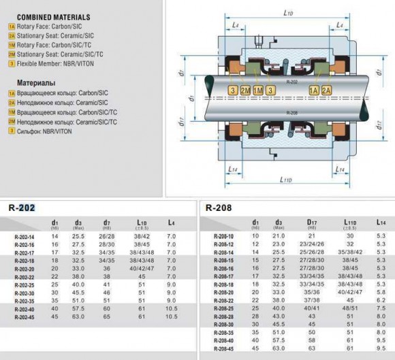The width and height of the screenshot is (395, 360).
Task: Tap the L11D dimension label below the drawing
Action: pyautogui.click(x=287, y=180)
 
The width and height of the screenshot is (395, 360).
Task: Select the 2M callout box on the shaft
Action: pyautogui.click(x=244, y=91)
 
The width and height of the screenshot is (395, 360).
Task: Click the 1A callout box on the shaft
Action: pyautogui.click(x=313, y=91)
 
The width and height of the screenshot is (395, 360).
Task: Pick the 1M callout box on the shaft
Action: pyautogui.click(x=257, y=91)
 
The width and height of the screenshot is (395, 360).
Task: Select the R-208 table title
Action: pyautogui.click(x=219, y=207)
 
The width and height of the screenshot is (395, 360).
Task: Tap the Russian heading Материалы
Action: pyautogui.click(x=31, y=81)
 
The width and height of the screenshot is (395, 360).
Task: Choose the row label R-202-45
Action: pyautogui.click(x=25, y=316)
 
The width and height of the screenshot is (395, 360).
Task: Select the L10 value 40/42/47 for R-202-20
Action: pyautogui.click(x=142, y=268)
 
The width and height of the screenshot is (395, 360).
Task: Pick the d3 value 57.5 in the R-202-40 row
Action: pyautogui.click(x=78, y=308)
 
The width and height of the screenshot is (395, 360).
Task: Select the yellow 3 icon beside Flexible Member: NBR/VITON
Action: pyautogui.click(x=12, y=63)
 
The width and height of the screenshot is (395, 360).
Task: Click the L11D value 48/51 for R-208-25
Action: pyautogui.click(x=349, y=308)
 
